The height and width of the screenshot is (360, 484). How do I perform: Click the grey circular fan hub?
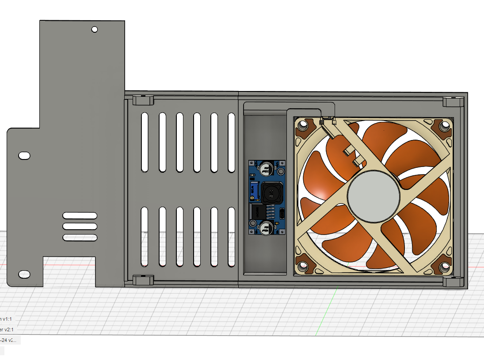click(374, 195)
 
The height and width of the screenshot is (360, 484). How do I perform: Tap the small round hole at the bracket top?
click(94, 30)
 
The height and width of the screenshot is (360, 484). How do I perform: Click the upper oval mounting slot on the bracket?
click(24, 155)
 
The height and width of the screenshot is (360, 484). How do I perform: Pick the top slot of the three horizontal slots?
click(80, 216)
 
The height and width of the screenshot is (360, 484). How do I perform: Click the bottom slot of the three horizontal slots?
click(80, 238)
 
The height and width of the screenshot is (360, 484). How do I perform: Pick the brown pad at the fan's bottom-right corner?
click(444, 267)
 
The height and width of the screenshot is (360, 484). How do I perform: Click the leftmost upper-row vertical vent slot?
click(145, 142)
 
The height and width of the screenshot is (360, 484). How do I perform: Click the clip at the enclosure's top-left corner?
click(143, 101)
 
